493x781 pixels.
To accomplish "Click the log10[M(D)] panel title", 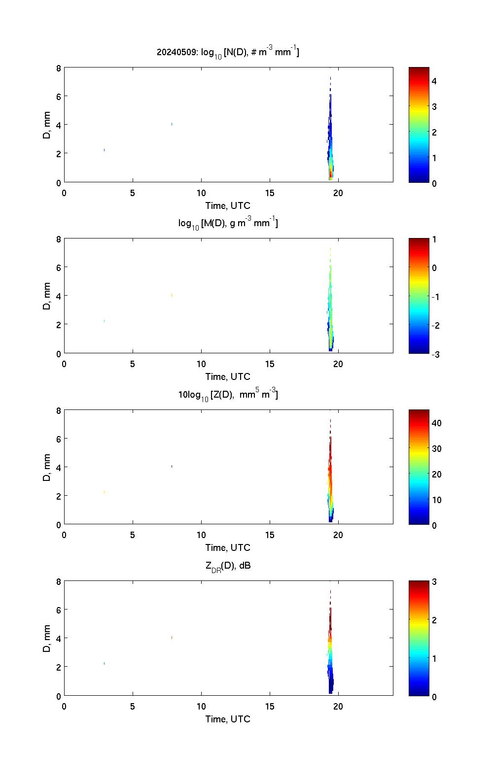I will [x=228, y=223].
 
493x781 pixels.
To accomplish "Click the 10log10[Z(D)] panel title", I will [x=228, y=394].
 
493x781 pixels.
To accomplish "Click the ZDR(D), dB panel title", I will [x=228, y=566].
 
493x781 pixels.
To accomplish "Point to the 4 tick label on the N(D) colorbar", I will [x=434, y=81].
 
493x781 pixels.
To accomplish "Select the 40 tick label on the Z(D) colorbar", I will [x=436, y=423].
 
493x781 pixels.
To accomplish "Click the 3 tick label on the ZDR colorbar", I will [x=434, y=582].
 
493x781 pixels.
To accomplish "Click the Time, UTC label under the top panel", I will [x=228, y=205].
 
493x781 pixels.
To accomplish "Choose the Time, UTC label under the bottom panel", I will [x=228, y=719].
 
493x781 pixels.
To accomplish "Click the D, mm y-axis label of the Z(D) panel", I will [x=47, y=467].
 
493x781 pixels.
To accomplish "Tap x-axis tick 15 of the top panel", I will [x=270, y=193].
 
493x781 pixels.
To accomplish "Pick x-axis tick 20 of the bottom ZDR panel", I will [x=338, y=707].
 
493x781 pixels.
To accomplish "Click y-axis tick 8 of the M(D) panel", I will [x=59, y=239].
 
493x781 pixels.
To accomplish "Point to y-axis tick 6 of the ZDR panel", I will [x=59, y=610].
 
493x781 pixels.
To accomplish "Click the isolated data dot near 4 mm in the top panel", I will [x=172, y=124].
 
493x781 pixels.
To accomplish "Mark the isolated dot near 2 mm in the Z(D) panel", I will [x=104, y=492].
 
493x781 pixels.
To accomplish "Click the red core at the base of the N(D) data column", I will [x=331, y=174].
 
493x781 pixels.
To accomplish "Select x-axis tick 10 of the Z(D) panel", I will [x=201, y=535].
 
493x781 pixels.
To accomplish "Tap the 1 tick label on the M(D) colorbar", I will [x=434, y=239].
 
